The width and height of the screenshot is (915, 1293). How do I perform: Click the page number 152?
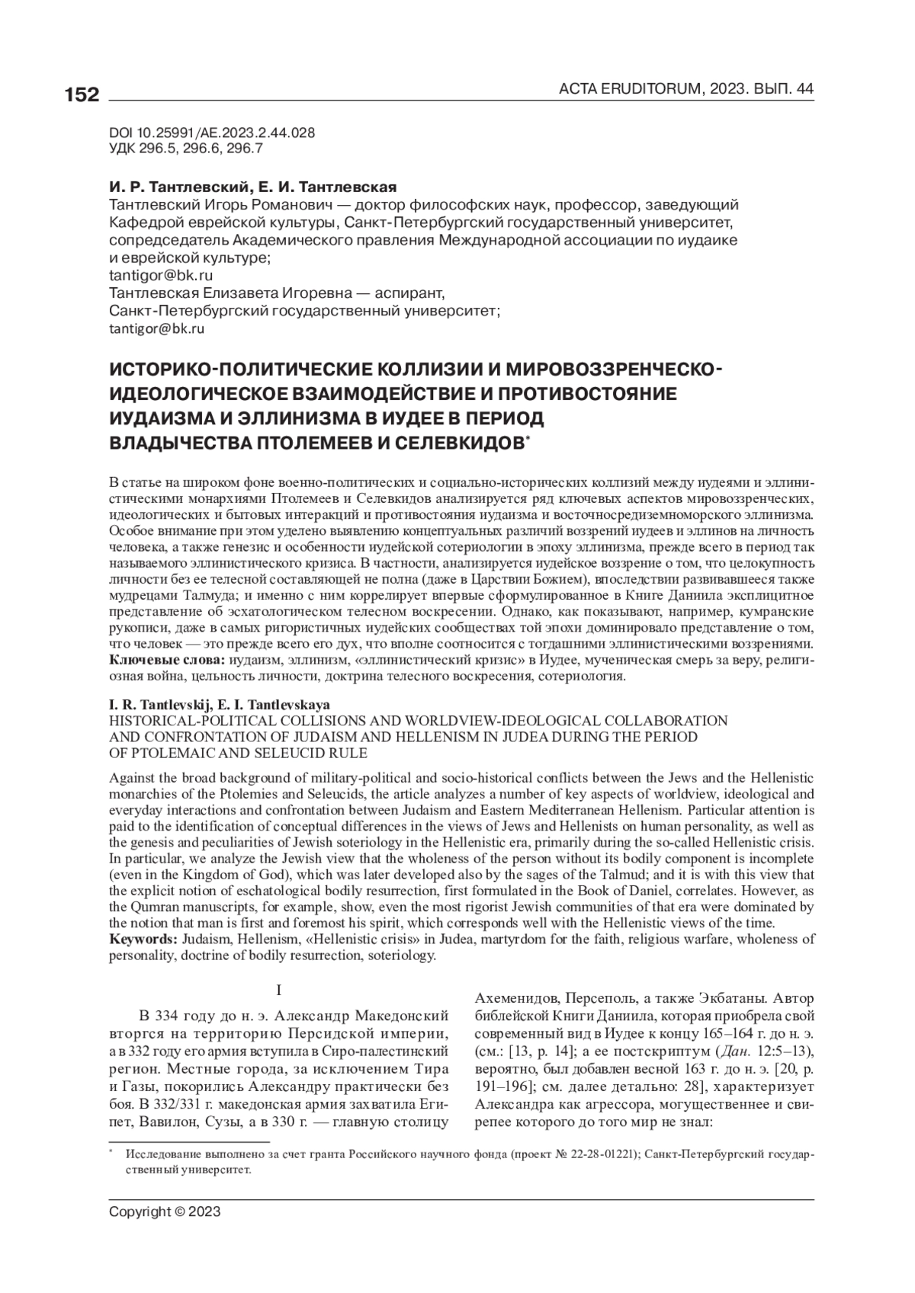click(82, 95)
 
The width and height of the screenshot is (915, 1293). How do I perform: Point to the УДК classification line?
click(186, 149)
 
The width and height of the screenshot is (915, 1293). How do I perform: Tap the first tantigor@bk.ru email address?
click(161, 275)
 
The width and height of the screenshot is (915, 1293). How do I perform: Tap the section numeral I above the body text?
click(279, 991)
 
